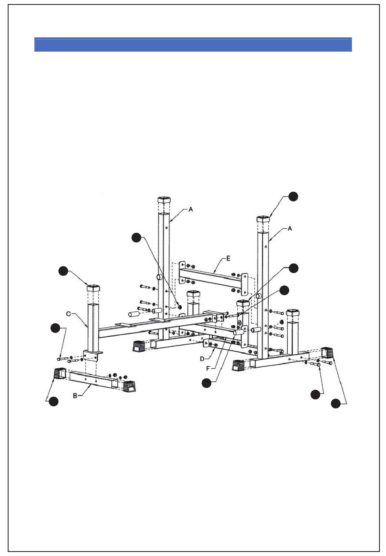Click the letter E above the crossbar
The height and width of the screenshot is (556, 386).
(228, 258)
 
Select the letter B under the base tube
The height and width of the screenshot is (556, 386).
(75, 395)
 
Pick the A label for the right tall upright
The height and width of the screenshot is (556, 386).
(290, 228)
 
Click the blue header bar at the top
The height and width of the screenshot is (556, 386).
(193, 44)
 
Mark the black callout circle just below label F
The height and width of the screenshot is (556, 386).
(206, 383)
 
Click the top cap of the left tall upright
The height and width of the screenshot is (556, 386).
(164, 200)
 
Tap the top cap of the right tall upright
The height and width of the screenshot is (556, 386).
(263, 219)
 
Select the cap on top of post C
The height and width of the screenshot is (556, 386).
(93, 288)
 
